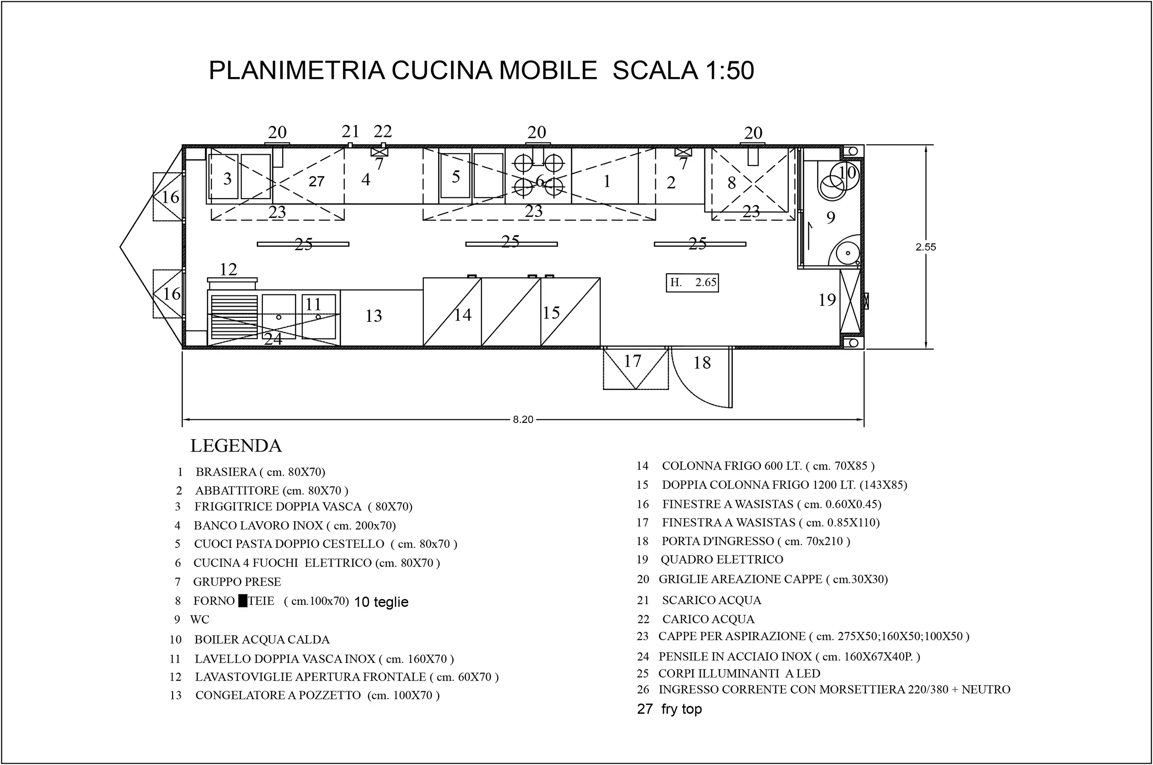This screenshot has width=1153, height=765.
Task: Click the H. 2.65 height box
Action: click(x=692, y=282)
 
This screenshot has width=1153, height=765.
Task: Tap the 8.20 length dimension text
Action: click(x=523, y=419)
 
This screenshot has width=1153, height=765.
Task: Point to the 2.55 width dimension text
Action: click(x=926, y=247)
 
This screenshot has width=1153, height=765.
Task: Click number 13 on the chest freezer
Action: click(x=374, y=316)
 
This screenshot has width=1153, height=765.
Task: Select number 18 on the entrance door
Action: click(x=702, y=363)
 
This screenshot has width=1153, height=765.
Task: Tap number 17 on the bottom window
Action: click(x=632, y=361)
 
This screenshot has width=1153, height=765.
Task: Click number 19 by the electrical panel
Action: click(x=827, y=300)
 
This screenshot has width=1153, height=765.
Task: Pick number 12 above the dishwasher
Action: click(x=228, y=269)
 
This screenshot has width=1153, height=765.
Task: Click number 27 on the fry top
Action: click(x=316, y=182)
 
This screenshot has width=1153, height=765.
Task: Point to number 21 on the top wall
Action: click(x=350, y=132)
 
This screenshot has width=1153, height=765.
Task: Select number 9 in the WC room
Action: click(x=830, y=218)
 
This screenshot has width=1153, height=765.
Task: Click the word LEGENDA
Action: click(x=236, y=446)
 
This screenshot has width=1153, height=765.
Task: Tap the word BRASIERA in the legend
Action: click(x=226, y=472)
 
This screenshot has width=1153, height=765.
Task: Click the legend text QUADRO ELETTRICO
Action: click(x=721, y=559)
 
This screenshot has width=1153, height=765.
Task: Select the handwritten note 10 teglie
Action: click(x=381, y=602)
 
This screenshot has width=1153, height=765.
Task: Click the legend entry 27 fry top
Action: click(x=669, y=709)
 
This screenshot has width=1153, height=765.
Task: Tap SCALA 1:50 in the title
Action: click(x=683, y=70)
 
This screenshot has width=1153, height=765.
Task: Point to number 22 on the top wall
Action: click(x=383, y=132)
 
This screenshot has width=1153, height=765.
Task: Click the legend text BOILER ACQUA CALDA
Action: click(x=262, y=640)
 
